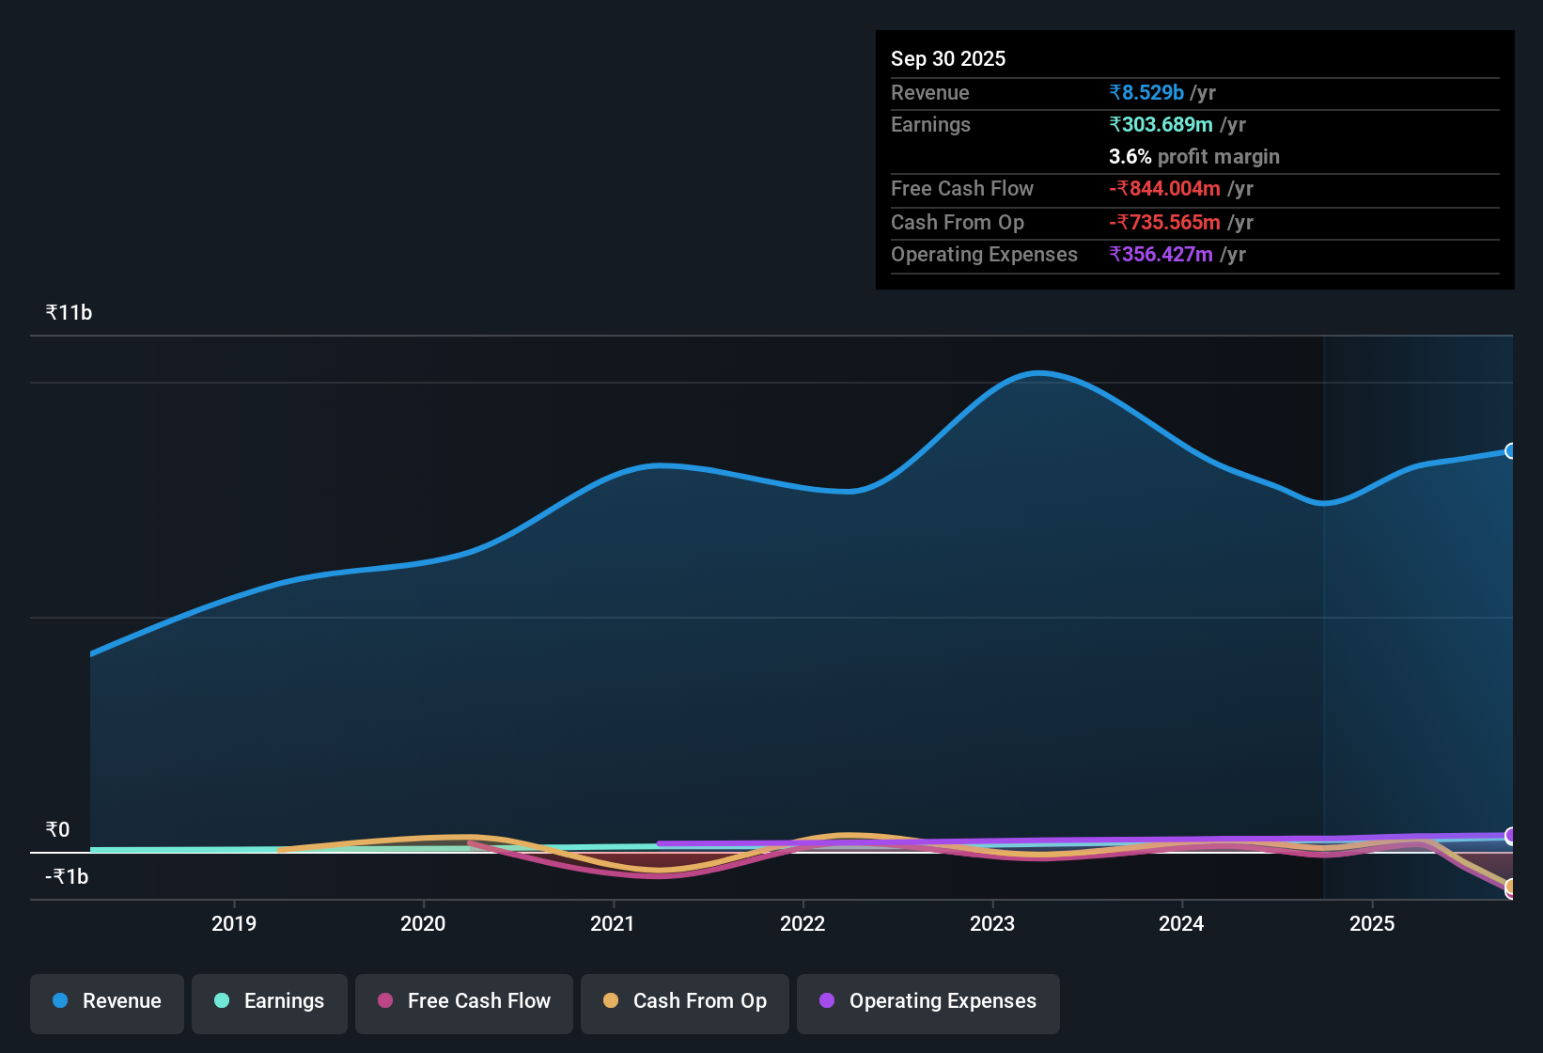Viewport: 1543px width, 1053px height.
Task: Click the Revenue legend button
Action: point(107,1001)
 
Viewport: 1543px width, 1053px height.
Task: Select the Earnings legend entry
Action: point(270,1001)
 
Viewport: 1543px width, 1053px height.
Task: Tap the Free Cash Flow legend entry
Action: point(464,1001)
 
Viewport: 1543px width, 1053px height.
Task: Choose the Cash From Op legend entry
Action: point(685,1001)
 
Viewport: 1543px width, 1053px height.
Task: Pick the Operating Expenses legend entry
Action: point(928,1001)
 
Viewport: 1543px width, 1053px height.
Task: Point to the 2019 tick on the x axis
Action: point(234,923)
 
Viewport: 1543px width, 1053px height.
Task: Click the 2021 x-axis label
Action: point(613,923)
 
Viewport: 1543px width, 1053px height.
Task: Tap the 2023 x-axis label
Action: point(992,923)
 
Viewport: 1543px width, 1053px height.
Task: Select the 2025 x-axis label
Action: point(1372,923)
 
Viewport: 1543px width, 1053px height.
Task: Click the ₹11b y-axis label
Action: point(69,313)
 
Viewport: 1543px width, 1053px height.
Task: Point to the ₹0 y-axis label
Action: point(57,829)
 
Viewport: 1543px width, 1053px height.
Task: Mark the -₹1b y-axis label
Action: point(67,876)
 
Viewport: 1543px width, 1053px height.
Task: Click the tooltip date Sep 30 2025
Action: point(947,58)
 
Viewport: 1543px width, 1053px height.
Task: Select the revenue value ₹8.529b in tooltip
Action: point(1146,92)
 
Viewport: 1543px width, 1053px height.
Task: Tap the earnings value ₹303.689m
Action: point(1161,124)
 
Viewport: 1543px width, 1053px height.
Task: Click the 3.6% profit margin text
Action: point(1193,156)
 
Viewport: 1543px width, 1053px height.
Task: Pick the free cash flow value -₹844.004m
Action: point(1164,188)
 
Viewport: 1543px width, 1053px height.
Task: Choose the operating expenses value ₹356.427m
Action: point(1161,254)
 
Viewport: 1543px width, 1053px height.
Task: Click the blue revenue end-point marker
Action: point(1510,451)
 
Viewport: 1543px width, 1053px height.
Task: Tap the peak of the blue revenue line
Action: point(1038,373)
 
